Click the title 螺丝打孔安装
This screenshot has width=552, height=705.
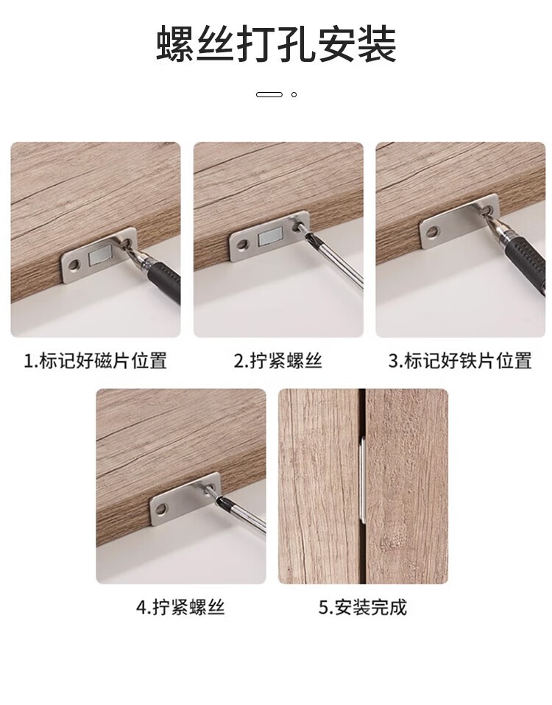(x=276, y=43)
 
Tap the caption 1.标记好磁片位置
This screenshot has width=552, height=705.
(x=95, y=360)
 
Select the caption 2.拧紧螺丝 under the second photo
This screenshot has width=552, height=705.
(x=278, y=360)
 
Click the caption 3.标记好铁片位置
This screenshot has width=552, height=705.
(x=460, y=360)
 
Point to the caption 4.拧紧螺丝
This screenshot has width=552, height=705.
(x=180, y=607)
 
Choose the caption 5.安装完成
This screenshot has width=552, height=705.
(x=363, y=607)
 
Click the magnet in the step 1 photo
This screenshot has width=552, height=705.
(x=99, y=256)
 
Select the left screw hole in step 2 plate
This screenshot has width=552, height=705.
(x=243, y=245)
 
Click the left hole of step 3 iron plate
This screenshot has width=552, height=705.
(x=432, y=232)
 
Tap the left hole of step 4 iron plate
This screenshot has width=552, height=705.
(x=160, y=510)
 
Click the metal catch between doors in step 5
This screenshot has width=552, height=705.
(x=362, y=481)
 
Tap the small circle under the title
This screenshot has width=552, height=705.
(x=294, y=94)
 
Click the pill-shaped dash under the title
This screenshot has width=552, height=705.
(x=269, y=94)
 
